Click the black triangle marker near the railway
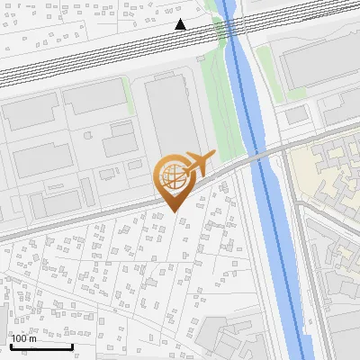181,24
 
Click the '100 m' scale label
24,338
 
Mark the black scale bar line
40,346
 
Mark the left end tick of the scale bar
11,345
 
